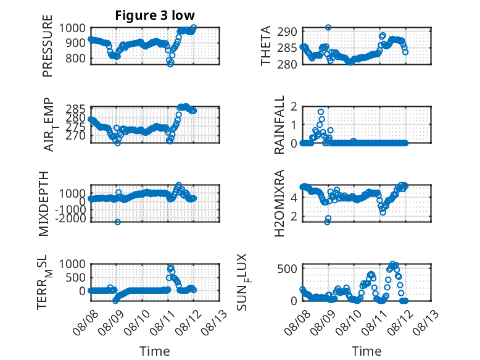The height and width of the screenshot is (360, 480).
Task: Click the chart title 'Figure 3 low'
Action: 155,15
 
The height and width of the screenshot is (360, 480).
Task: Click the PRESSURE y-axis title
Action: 48,46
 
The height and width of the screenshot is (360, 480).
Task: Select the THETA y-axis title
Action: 266,46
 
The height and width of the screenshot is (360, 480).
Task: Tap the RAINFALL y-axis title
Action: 279,125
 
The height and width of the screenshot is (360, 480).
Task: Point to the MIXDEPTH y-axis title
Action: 44,204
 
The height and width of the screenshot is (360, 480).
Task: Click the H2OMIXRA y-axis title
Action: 279,203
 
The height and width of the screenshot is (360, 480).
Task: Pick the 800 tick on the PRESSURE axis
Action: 76,58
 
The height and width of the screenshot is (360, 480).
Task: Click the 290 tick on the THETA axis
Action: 287,31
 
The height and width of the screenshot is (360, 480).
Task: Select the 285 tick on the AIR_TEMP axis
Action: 76,109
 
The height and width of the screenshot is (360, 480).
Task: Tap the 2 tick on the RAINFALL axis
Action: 294,107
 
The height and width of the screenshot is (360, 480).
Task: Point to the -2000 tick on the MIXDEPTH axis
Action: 71,219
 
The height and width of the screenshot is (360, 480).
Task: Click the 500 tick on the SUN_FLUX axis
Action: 287,269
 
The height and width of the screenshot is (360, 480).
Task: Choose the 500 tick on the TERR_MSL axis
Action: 76,278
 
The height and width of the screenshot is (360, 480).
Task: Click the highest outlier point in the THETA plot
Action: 328,28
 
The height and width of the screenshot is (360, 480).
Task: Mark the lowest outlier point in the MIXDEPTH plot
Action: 118,222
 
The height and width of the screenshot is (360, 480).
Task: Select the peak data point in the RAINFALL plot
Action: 320,112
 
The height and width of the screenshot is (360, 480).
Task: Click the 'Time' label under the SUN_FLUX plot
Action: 366,351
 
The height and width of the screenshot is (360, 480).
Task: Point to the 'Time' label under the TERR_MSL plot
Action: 155,351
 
